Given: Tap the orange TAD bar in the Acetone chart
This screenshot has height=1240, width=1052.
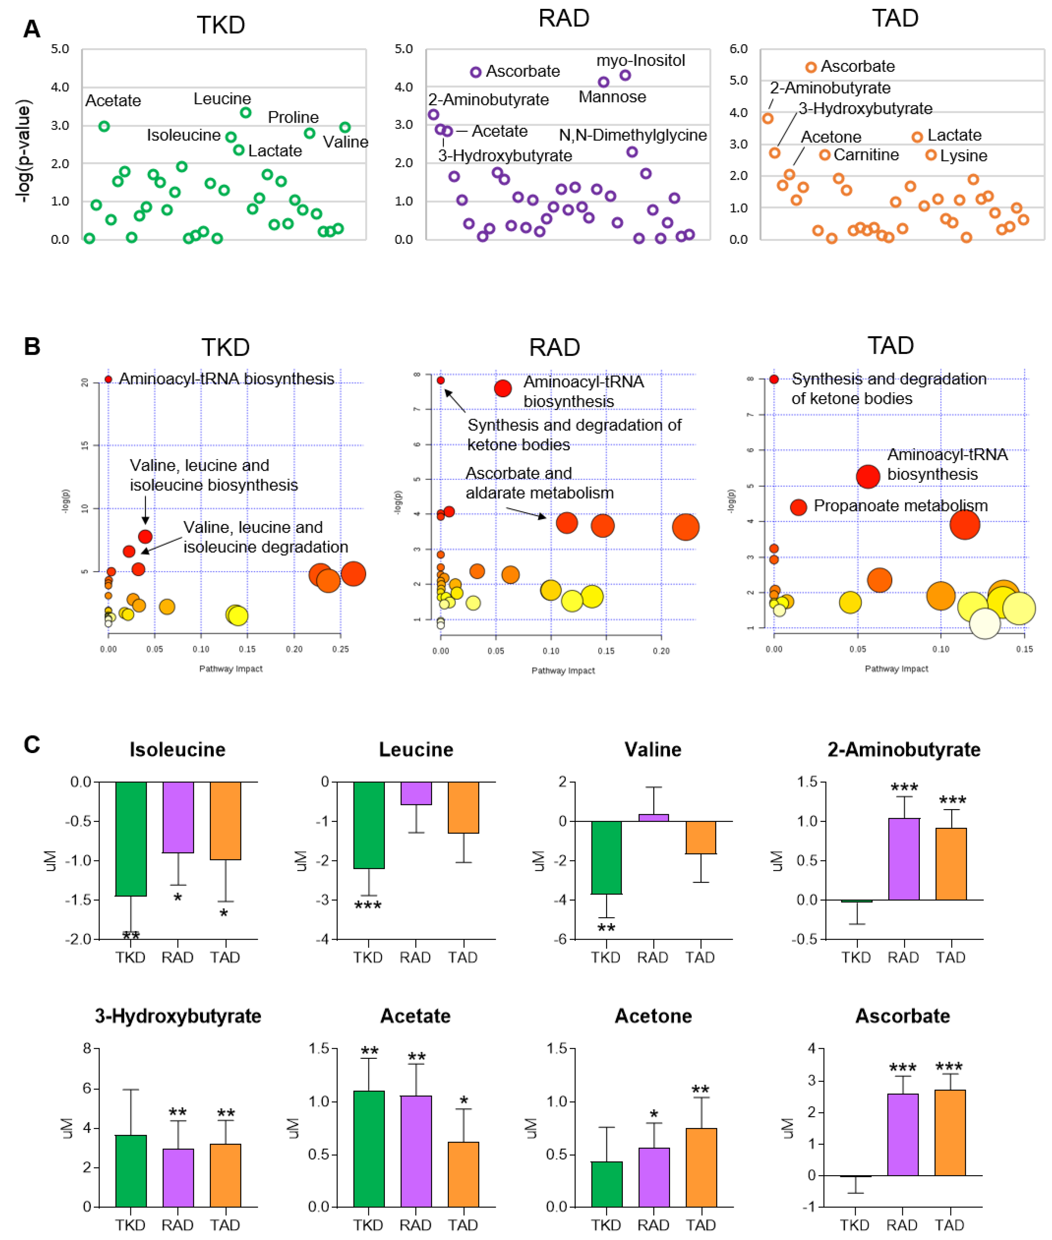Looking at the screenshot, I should click(x=701, y=1167).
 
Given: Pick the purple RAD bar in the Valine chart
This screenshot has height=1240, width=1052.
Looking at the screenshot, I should click(x=654, y=817).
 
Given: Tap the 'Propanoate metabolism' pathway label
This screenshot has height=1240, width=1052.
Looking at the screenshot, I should click(x=900, y=506).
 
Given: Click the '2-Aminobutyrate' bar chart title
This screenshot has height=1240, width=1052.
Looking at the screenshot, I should click(x=903, y=749).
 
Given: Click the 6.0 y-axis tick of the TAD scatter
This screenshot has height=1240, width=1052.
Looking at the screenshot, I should click(x=738, y=49).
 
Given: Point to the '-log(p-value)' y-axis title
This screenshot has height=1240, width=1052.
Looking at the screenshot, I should click(x=24, y=152).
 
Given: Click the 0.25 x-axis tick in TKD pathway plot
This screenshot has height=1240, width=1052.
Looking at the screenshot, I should click(x=341, y=649).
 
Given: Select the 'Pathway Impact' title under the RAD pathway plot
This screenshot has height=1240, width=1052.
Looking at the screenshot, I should click(x=563, y=671).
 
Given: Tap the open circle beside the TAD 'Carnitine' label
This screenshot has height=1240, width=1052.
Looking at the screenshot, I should click(x=824, y=155).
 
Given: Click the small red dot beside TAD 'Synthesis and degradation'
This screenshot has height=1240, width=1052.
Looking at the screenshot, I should click(x=773, y=379).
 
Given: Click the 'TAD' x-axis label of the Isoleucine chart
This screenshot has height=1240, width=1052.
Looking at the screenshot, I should click(x=225, y=957).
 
